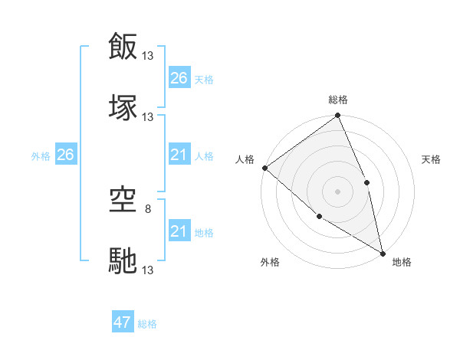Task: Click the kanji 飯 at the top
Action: click(123, 47)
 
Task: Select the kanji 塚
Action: click(123, 106)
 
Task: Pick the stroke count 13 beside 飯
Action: click(148, 56)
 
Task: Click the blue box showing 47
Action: click(123, 322)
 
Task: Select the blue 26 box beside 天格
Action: click(179, 78)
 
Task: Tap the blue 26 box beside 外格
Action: click(65, 155)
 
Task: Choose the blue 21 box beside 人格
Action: click(179, 155)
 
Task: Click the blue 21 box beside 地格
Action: click(179, 231)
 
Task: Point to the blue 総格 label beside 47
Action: click(147, 324)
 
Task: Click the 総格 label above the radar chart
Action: click(338, 100)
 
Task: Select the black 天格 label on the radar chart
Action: click(432, 159)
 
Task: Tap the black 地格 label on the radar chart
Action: click(402, 262)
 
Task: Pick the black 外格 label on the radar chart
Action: click(270, 262)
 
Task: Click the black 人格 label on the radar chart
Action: click(245, 159)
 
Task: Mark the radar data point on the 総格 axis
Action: click(337, 116)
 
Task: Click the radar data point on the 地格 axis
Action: click(382, 252)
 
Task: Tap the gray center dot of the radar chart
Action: click(337, 191)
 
